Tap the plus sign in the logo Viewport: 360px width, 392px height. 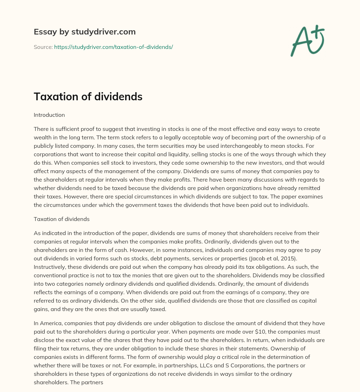pyautogui.click(x=318, y=32)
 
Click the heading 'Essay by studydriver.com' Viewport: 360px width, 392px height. pyautogui.click(x=84, y=32)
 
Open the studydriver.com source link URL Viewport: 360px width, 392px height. pyautogui.click(x=113, y=47)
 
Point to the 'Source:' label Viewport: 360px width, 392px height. pyautogui.click(x=43, y=47)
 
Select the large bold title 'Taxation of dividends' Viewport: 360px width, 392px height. pyautogui.click(x=88, y=96)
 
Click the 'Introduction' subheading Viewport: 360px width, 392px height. pyautogui.click(x=49, y=115)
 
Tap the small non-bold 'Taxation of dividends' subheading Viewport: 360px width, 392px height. pyautogui.click(x=62, y=219)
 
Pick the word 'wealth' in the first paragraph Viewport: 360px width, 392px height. pyautogui.click(x=43, y=137)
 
